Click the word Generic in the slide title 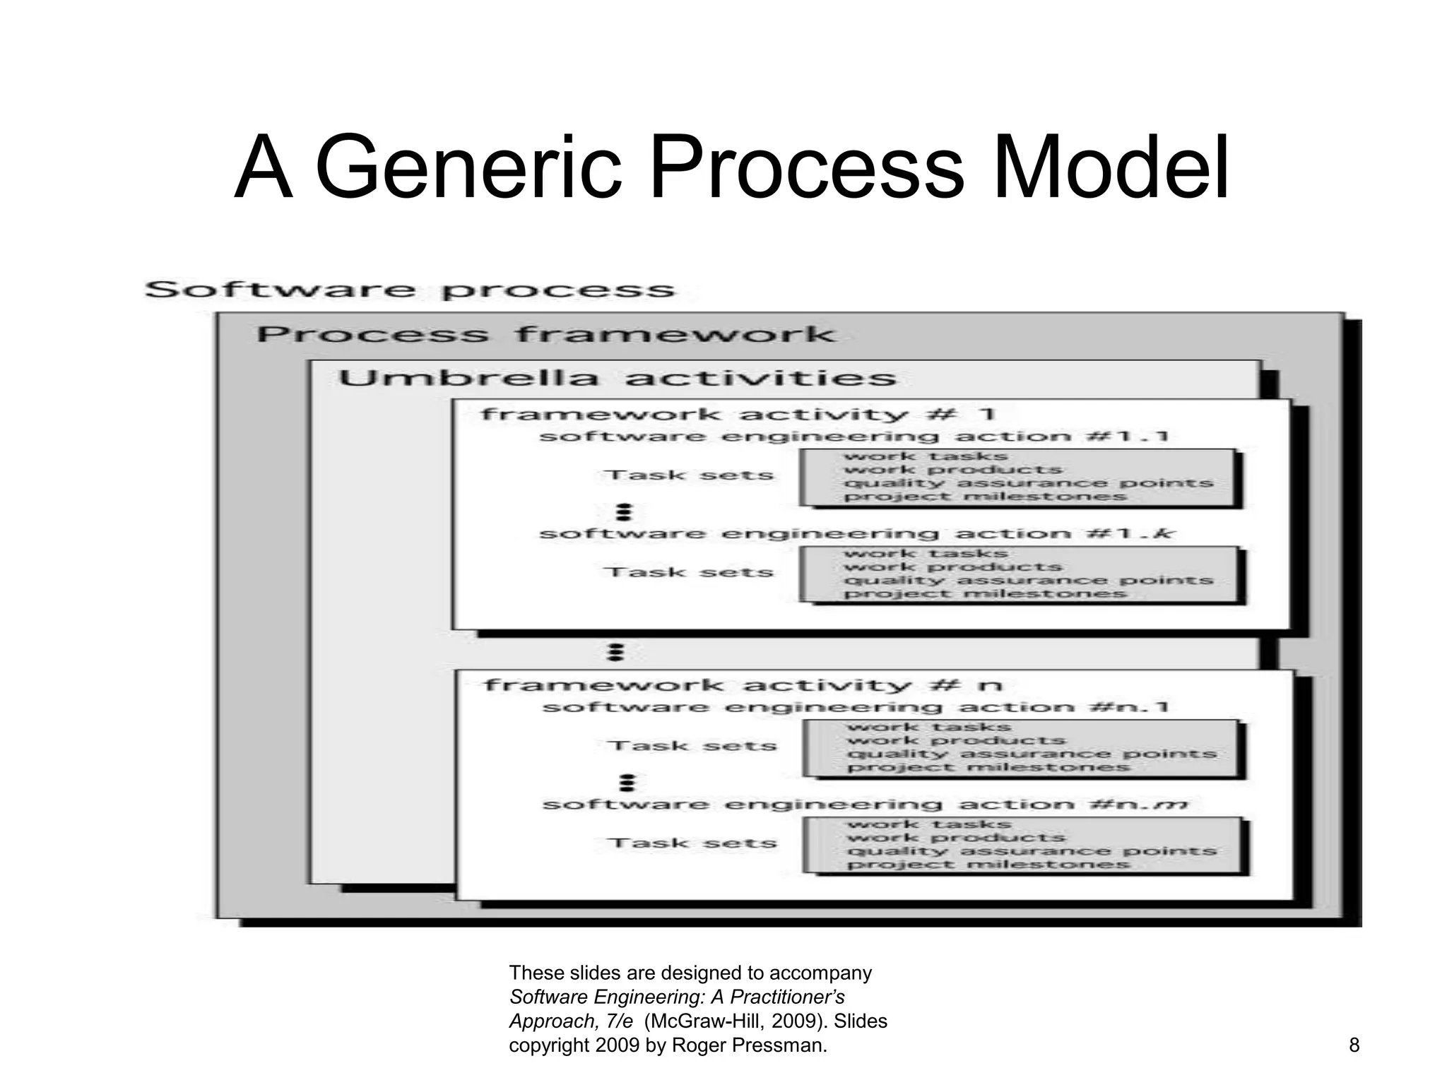469,170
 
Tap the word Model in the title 1111,170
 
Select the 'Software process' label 410,290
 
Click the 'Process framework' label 545,335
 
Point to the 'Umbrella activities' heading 617,379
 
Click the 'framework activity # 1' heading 738,414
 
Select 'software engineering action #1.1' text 854,437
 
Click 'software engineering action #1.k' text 856,534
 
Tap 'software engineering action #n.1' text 856,708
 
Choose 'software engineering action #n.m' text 866,805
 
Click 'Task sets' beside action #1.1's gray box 689,475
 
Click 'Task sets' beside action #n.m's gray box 692,843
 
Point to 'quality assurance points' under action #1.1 1028,484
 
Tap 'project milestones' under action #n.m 988,865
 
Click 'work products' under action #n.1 956,741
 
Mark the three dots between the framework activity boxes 615,651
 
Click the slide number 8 1354,1045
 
